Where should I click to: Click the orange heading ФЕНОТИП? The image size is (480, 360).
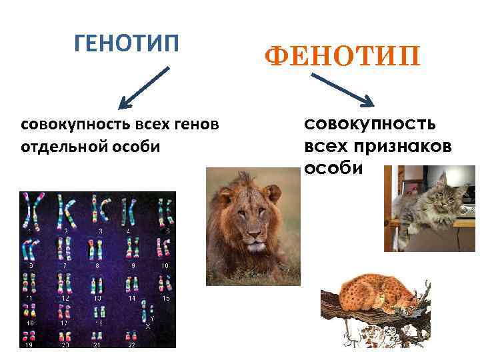(x=343, y=57)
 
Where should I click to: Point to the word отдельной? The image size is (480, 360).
(x=59, y=146)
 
